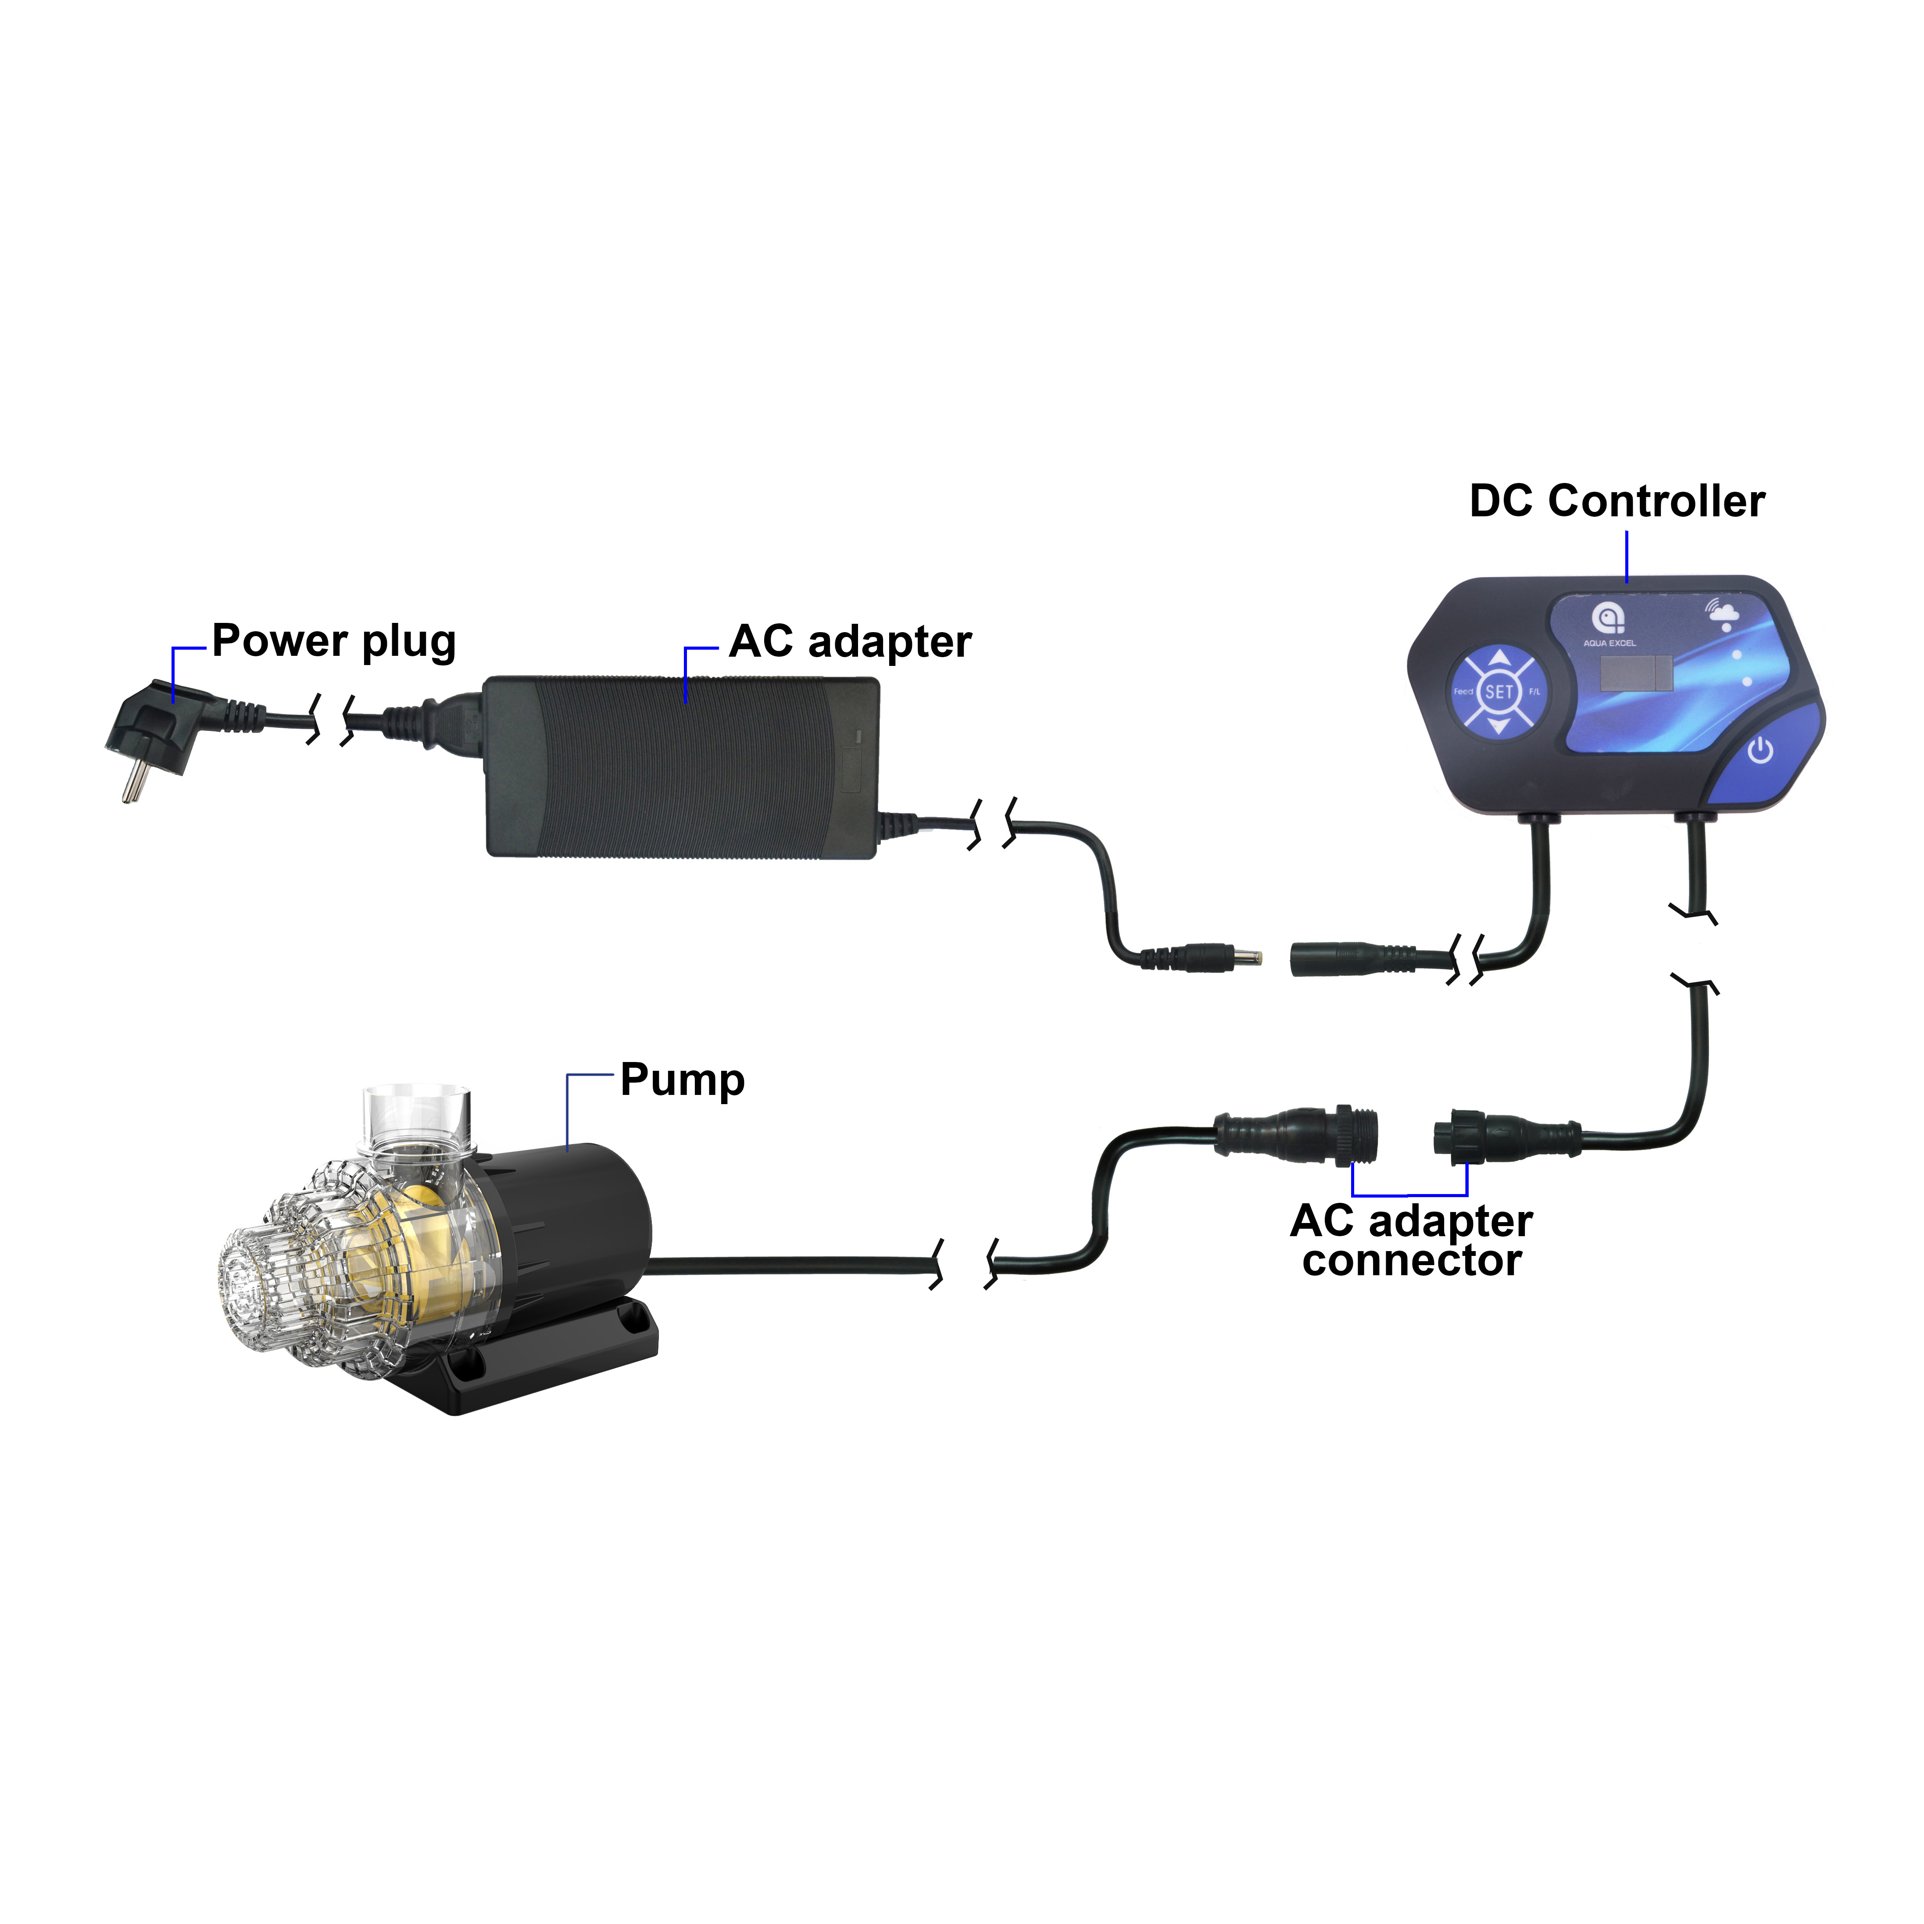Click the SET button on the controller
(1499, 692)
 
